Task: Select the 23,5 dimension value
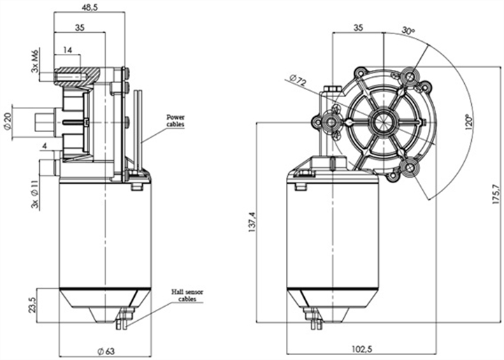[x=33, y=305]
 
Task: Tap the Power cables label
[x=175, y=120]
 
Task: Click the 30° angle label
[x=409, y=31]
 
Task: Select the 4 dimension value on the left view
[x=44, y=145]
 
